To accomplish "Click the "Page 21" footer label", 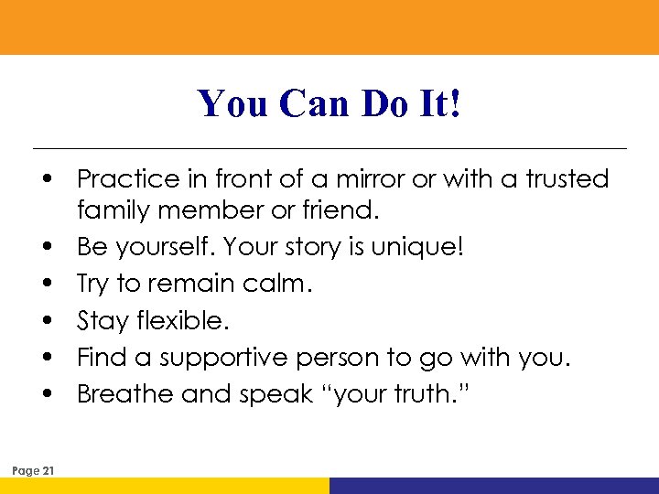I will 34,470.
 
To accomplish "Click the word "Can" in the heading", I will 316,103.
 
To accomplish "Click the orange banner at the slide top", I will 329,27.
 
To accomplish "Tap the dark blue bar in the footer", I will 494,486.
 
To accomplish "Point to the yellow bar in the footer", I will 165,486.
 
